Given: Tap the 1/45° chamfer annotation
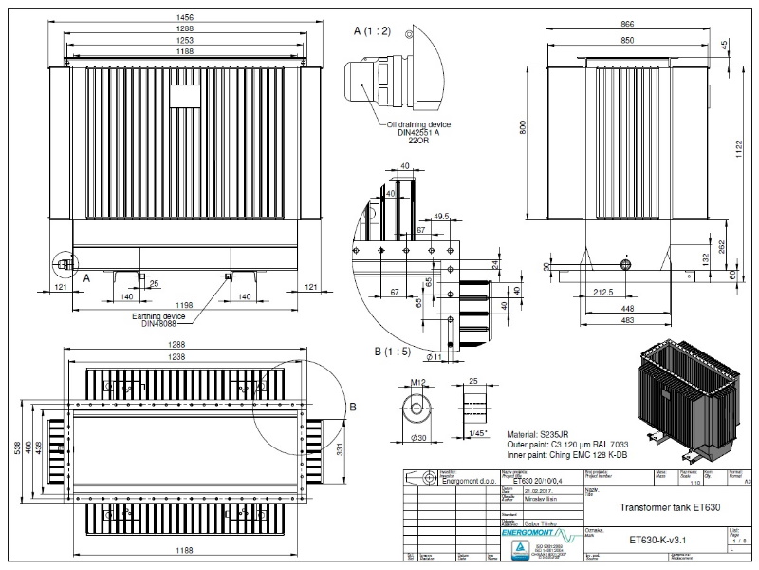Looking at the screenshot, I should point(479,433).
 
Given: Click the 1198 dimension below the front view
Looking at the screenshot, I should point(185,306).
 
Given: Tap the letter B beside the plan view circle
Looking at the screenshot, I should point(353,408).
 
